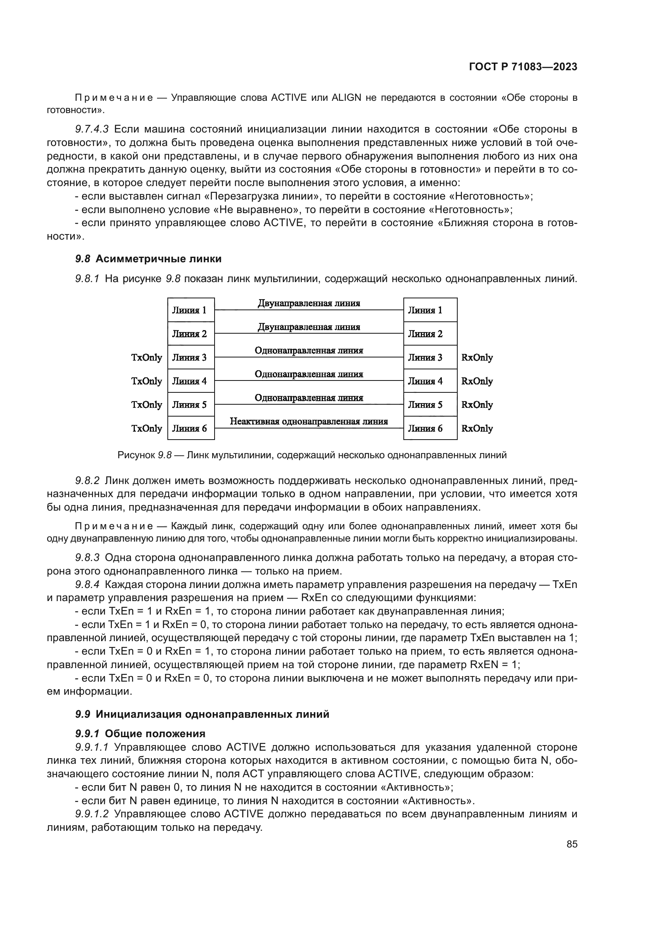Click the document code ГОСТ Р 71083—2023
[523, 67]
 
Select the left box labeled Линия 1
[191, 310]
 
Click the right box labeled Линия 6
[430, 428]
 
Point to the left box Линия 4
[191, 381]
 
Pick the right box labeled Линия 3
[430, 357]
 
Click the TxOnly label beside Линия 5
[147, 405]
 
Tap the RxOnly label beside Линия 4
[477, 381]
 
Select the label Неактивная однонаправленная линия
[309, 422]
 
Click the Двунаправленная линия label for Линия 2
[309, 327]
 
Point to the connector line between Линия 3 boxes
[309, 357]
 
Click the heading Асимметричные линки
[159, 259]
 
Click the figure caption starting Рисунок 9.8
[311, 455]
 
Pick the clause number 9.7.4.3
[92, 129]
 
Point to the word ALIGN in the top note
[346, 98]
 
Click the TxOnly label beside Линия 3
[147, 357]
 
